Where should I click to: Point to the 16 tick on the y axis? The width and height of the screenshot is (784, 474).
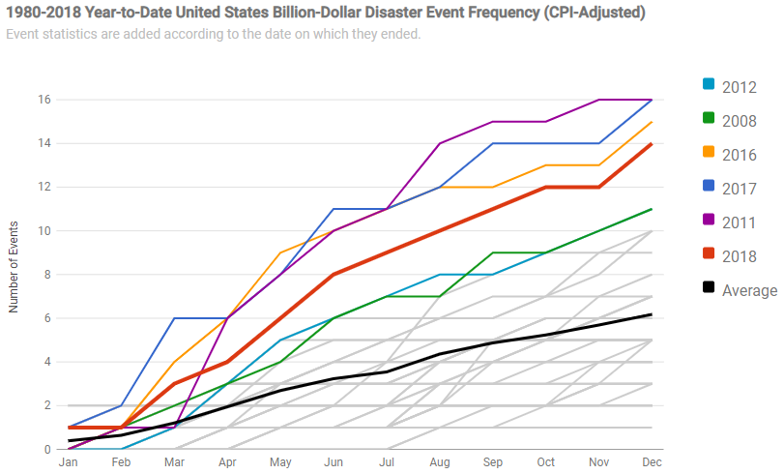44,100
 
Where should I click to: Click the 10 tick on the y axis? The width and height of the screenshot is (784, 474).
44,231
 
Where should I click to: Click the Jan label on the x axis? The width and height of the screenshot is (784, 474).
68,463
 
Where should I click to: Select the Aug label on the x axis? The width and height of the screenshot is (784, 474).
441,463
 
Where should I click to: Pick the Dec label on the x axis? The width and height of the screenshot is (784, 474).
652,463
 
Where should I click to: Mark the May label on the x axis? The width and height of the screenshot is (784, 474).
280,463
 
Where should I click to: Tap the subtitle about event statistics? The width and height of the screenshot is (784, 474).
213,34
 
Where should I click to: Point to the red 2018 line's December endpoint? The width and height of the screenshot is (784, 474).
652,144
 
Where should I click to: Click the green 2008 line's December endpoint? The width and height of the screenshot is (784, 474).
652,209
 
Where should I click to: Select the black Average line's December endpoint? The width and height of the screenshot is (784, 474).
652,314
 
